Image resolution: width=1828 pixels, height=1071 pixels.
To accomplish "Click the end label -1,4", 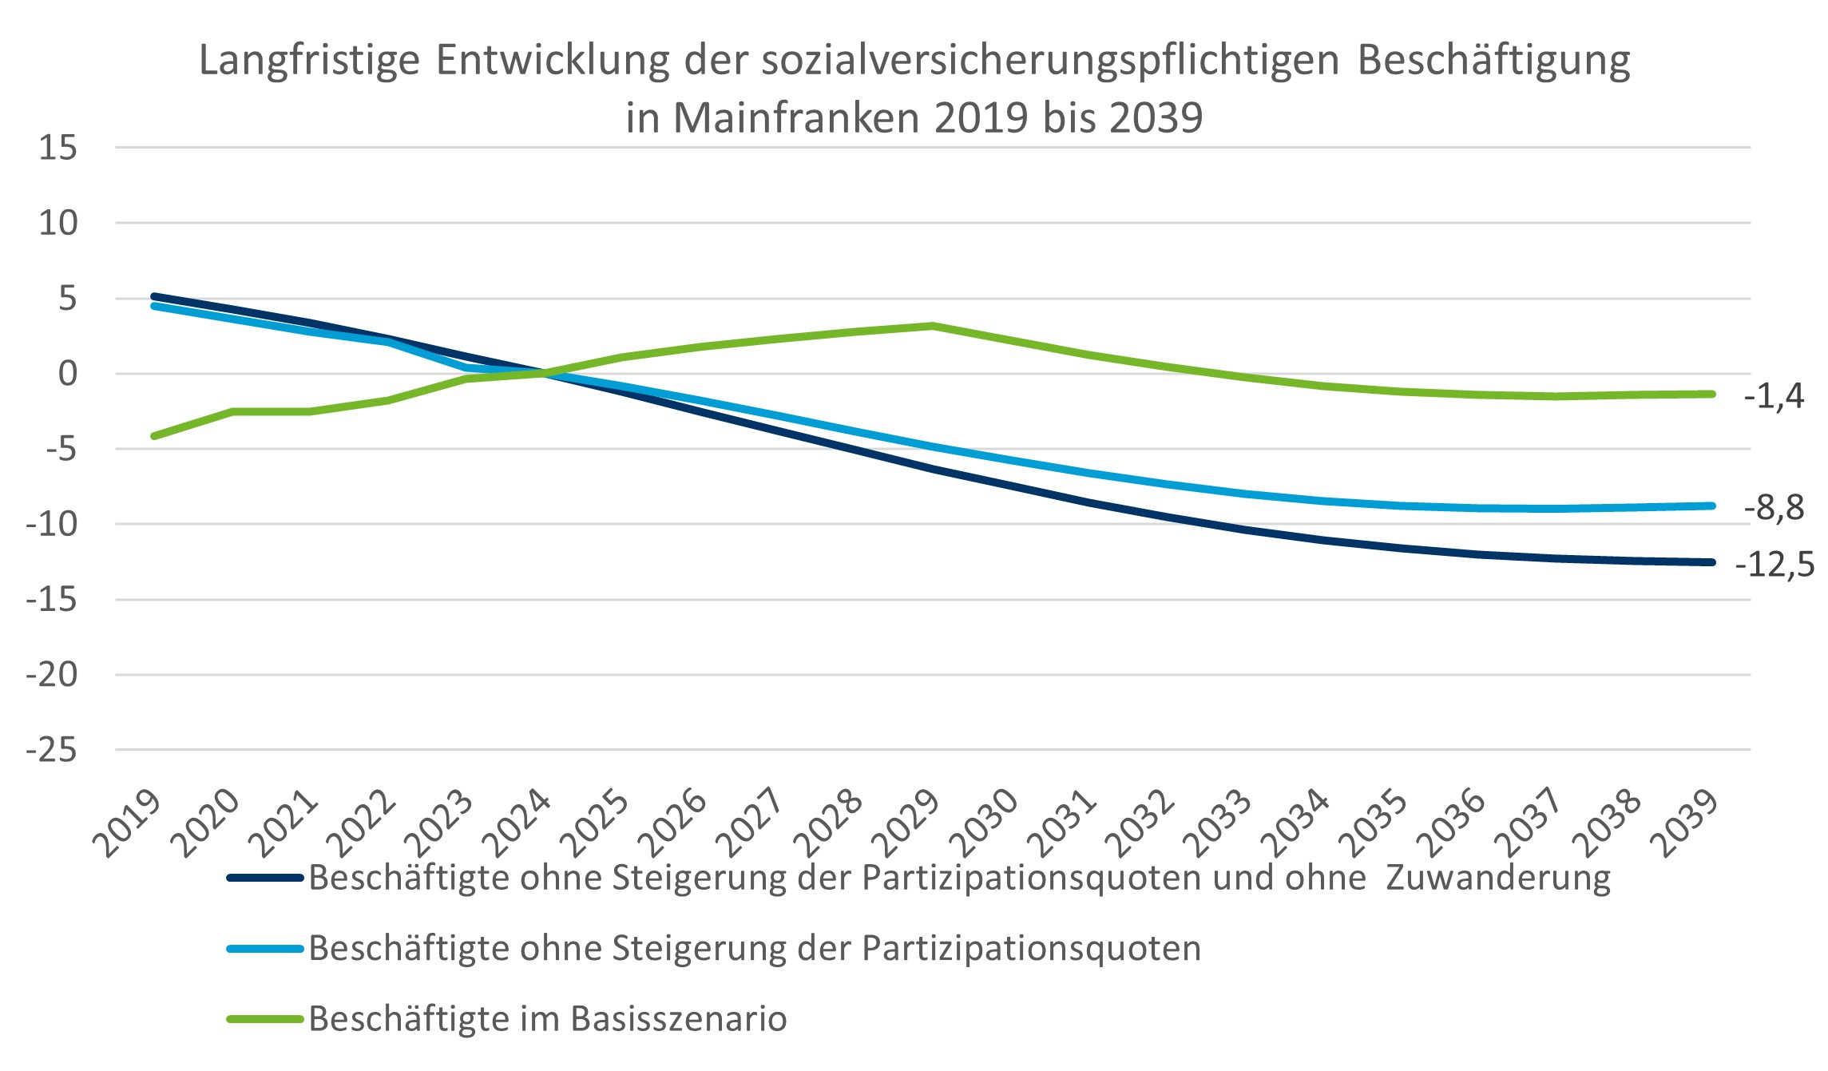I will coord(1773,395).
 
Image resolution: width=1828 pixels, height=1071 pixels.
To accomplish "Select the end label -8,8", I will coord(1773,508).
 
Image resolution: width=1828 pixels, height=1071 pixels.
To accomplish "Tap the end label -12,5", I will coord(1774,565).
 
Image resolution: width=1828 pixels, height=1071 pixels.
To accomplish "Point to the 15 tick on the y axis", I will coord(57,148).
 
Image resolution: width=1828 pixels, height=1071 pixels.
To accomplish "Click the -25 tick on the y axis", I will coord(52,751).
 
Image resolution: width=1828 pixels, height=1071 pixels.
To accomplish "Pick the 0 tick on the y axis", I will coord(68,374).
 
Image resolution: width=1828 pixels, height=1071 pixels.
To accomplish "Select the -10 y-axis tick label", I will coord(52,525).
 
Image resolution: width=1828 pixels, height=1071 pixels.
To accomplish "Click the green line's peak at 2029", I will coord(933,326).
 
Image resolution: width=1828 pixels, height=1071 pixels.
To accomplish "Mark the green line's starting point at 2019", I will coord(154,436).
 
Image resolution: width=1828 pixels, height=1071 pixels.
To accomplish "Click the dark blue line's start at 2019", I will coord(154,296).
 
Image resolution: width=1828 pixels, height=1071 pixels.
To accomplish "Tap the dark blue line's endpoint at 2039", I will coord(1711,562).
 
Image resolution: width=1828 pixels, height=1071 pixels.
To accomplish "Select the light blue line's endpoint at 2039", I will coord(1711,506).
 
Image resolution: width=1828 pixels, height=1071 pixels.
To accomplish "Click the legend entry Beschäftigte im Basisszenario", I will coord(548,1019).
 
